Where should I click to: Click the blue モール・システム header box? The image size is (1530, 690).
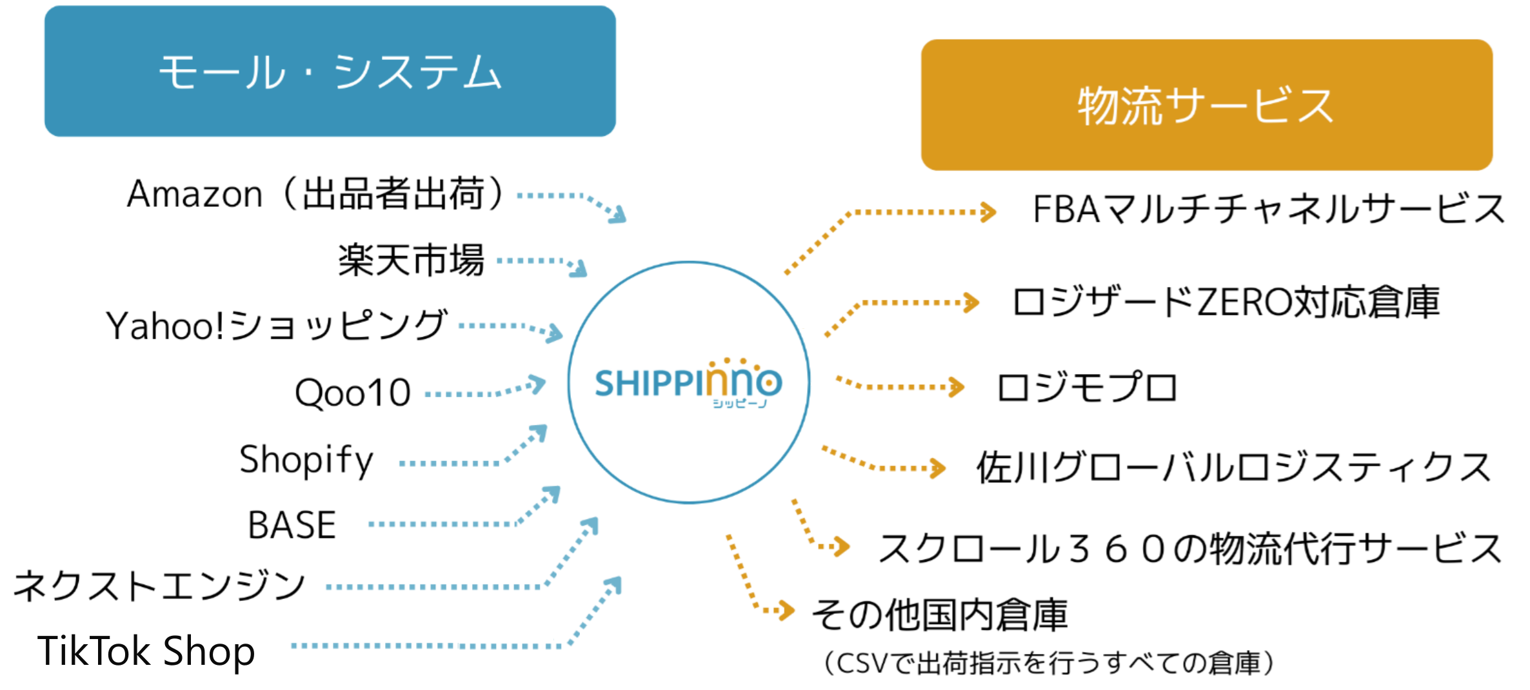coord(330,71)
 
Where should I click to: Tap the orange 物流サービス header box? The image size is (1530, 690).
coord(1206,104)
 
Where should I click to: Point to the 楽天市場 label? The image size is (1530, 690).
coord(411,260)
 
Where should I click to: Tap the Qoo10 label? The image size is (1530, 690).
coord(353,393)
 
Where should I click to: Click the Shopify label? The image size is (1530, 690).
coord(306,460)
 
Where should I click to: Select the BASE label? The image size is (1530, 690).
coord(292,524)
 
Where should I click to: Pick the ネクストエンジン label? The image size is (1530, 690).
coord(159,586)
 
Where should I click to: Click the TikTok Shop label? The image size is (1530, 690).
coord(146,651)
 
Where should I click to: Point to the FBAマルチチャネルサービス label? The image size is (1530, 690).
coord(1268,209)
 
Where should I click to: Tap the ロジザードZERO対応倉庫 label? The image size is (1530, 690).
coord(1226,302)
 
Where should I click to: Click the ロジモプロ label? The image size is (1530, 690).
coord(1087,388)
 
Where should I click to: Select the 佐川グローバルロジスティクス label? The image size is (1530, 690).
coord(1233,466)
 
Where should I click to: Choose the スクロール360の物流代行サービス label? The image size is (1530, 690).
coord(1190,549)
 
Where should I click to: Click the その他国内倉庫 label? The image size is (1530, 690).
coord(939,615)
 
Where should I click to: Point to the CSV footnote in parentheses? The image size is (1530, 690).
coord(1049,663)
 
